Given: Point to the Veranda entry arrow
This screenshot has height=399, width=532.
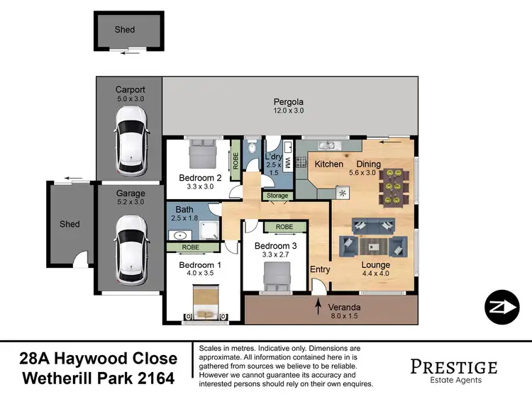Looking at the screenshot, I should click(x=317, y=304).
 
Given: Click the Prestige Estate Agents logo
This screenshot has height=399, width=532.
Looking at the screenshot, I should click(x=453, y=369).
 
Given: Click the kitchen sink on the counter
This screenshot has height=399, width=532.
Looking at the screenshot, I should click(x=328, y=146).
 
